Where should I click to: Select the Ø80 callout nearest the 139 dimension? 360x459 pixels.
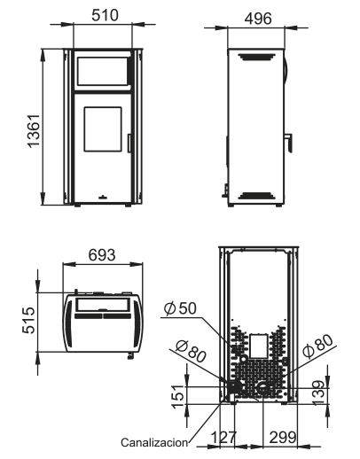coord(317,345)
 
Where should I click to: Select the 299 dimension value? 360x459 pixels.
coord(283,437)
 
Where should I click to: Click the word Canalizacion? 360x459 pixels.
coord(155,441)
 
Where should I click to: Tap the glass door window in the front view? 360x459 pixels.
coord(104,133)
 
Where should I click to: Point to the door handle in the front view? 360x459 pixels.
coord(130,142)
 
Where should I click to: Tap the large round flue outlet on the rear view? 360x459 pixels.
coord(264,386)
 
